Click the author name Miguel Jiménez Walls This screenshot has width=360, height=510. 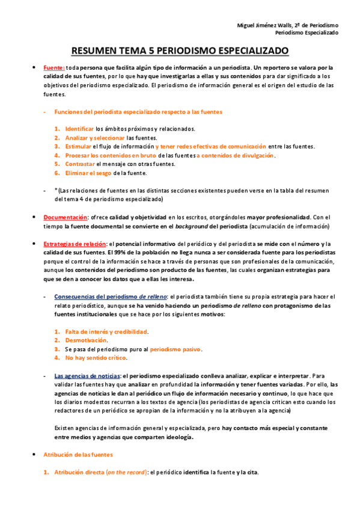(264, 25)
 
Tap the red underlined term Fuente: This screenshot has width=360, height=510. (54, 67)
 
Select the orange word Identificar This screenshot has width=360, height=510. (79, 129)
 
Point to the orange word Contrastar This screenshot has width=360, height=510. (80, 164)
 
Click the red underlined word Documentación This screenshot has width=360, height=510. (66, 217)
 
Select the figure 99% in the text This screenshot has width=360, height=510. (131, 253)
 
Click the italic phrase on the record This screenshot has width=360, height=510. (126, 473)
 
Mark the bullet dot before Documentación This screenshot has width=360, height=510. (34, 217)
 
